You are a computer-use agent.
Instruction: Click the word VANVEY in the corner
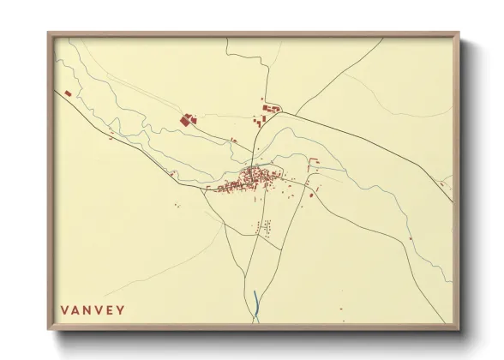[93, 310]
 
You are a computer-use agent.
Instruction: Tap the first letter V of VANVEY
[64, 310]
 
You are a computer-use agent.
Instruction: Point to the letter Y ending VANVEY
[121, 310]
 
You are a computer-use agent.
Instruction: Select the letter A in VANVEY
[75, 310]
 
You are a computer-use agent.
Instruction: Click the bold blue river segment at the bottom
[255, 301]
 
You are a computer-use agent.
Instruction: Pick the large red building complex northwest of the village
[186, 120]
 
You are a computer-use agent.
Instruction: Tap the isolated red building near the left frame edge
[68, 93]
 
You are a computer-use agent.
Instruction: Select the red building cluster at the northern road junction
[270, 108]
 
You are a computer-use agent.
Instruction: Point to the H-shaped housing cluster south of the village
[264, 227]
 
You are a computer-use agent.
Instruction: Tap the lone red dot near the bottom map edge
[340, 309]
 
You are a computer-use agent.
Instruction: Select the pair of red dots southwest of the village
[177, 204]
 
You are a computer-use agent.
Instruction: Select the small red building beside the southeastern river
[410, 238]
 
